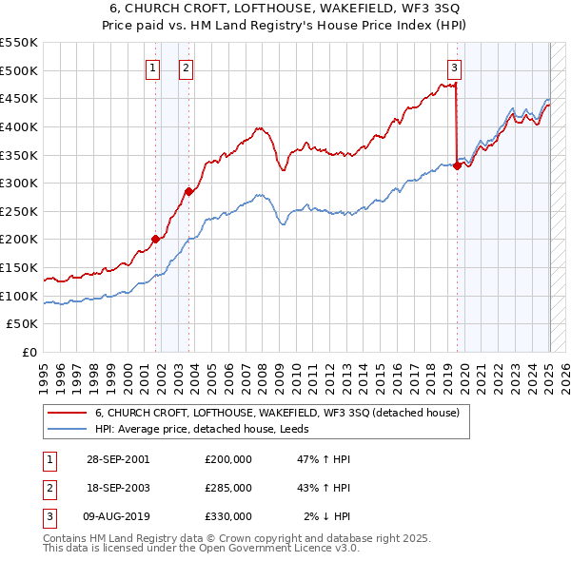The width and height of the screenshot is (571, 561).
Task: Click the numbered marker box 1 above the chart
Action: (x=152, y=68)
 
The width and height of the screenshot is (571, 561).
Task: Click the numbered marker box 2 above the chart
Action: (x=185, y=68)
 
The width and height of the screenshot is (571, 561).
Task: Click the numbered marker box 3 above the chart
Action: (x=454, y=68)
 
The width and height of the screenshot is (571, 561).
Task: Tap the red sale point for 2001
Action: (x=155, y=239)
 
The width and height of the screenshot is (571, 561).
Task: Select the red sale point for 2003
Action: (x=188, y=191)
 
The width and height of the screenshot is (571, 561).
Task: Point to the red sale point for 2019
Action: (x=457, y=165)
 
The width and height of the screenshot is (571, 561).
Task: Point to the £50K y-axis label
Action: (x=23, y=324)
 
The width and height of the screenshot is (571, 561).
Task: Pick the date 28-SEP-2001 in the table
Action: (x=117, y=459)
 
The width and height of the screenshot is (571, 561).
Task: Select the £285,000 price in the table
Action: (x=228, y=488)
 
